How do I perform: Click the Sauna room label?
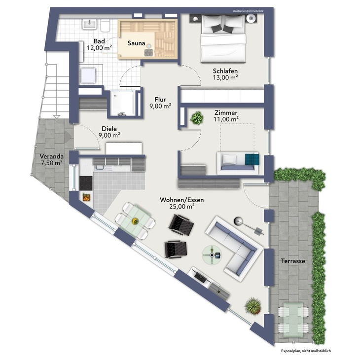(137, 43)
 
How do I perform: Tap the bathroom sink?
(89, 25)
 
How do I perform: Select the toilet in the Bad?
(105, 25)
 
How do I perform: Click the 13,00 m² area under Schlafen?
(225, 77)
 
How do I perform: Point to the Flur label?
(160, 100)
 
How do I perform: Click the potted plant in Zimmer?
(197, 118)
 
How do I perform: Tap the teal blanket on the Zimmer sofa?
(252, 159)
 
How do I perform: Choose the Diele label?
(109, 129)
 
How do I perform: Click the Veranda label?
(51, 156)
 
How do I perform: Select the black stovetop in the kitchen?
(86, 183)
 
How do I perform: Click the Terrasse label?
(293, 261)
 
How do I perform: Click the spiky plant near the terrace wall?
(253, 306)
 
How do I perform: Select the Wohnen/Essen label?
(182, 200)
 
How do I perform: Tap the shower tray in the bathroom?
(123, 103)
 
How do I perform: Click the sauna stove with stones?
(149, 52)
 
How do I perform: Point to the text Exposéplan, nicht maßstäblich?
(306, 351)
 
